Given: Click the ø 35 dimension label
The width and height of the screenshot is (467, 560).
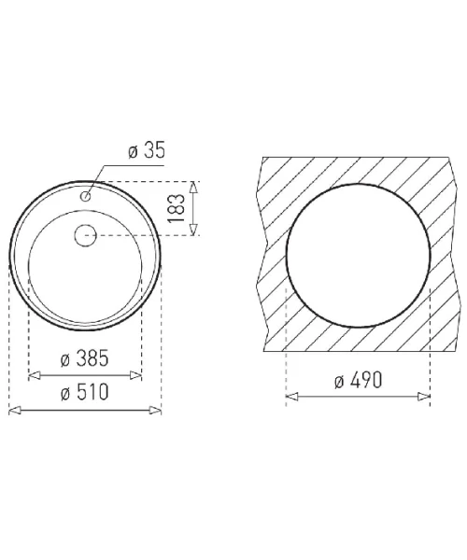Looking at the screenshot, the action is coord(147,150).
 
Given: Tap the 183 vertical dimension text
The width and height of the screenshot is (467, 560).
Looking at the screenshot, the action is coord(177,208).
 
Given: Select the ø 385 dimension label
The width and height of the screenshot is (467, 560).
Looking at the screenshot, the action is coord(84,358).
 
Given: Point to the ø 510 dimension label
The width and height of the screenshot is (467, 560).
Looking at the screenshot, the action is coord(84,392).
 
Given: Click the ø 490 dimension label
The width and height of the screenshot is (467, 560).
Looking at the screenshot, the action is coord(359,380).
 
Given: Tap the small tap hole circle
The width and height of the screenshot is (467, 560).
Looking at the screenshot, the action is coord(86,196).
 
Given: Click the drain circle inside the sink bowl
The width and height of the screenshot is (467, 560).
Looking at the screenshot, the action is coord(86,235).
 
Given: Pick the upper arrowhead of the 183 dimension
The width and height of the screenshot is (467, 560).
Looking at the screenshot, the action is coord(193,188).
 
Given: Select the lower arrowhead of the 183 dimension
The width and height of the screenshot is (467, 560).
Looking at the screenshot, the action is coord(193,230).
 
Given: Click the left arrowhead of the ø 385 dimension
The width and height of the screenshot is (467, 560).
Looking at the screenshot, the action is coord(34,375).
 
